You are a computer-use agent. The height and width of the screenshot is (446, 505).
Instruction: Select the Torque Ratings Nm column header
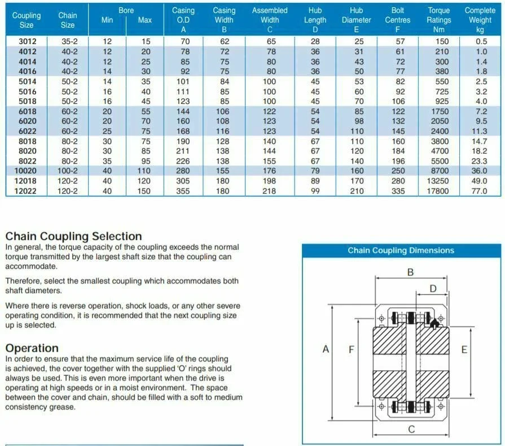pyautogui.click(x=438, y=20)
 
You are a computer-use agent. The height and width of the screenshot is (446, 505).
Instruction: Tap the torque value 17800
pyautogui.click(x=438, y=191)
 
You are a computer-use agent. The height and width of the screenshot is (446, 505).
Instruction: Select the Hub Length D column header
pyautogui.click(x=315, y=20)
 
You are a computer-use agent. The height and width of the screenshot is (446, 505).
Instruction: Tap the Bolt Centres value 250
pyautogui.click(x=398, y=171)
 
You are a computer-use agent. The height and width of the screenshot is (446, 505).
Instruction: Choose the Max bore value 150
pyautogui.click(x=146, y=191)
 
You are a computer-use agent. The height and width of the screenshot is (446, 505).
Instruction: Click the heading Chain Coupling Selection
pyautogui.click(x=73, y=236)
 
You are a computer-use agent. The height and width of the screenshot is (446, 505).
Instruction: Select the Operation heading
pyautogui.click(x=32, y=348)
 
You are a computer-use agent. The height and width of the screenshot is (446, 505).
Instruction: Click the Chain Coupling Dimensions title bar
pyautogui.click(x=401, y=251)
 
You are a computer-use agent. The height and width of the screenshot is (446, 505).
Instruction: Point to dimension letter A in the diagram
pyautogui.click(x=326, y=349)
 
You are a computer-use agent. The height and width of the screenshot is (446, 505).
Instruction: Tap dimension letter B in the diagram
pyautogui.click(x=410, y=272)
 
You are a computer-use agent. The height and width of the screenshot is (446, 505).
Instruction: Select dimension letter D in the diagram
pyautogui.click(x=433, y=289)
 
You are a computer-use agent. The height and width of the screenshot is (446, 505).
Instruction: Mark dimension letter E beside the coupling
pyautogui.click(x=464, y=349)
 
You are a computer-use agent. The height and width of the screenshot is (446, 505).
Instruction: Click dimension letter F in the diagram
pyautogui.click(x=351, y=349)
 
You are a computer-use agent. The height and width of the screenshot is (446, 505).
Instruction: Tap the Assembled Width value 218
pyautogui.click(x=270, y=191)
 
